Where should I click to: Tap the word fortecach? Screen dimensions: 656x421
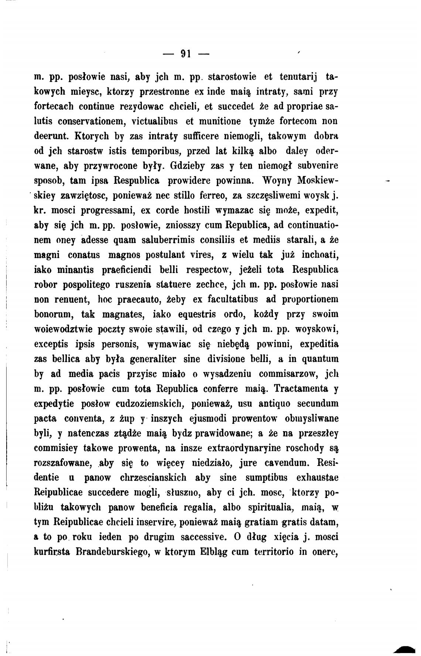(52, 106)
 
